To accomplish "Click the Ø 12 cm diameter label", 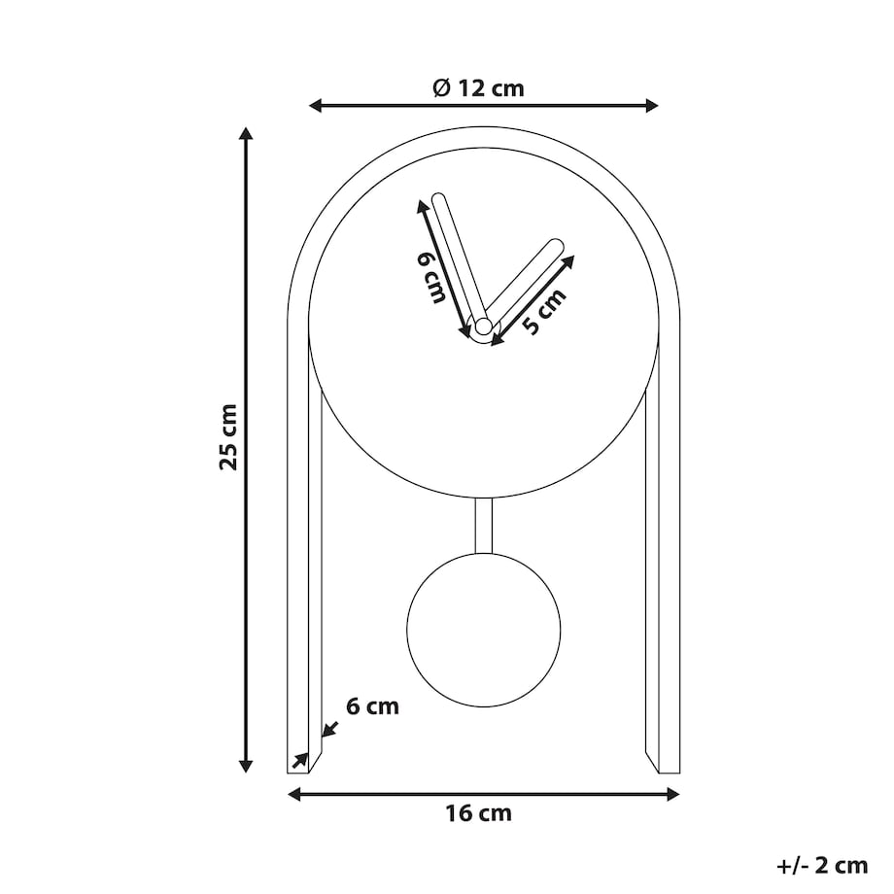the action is pos(478,88).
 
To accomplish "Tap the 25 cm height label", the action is pos(228,436).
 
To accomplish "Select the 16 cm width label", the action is pos(478,812).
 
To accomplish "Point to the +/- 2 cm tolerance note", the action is pos(822,866).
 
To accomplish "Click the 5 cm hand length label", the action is pos(544,311).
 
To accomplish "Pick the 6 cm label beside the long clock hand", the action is pos(431,278).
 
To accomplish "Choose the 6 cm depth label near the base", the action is pos(372,706).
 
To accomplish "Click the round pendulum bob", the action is pos(484,630).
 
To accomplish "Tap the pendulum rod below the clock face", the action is pos(484,526).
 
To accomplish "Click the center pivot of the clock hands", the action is pos(484,327).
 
